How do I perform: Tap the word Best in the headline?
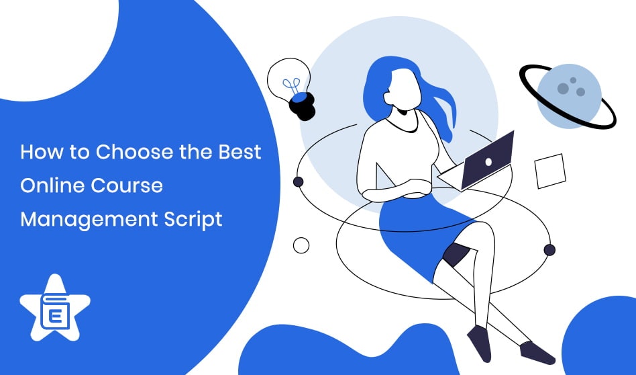240,151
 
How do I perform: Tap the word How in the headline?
37,151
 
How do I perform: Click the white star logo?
55,309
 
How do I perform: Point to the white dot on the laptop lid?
488,162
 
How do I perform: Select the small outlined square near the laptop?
551,171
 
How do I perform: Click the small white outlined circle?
301,245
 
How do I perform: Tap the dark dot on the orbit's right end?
549,250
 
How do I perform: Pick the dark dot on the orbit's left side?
299,181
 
